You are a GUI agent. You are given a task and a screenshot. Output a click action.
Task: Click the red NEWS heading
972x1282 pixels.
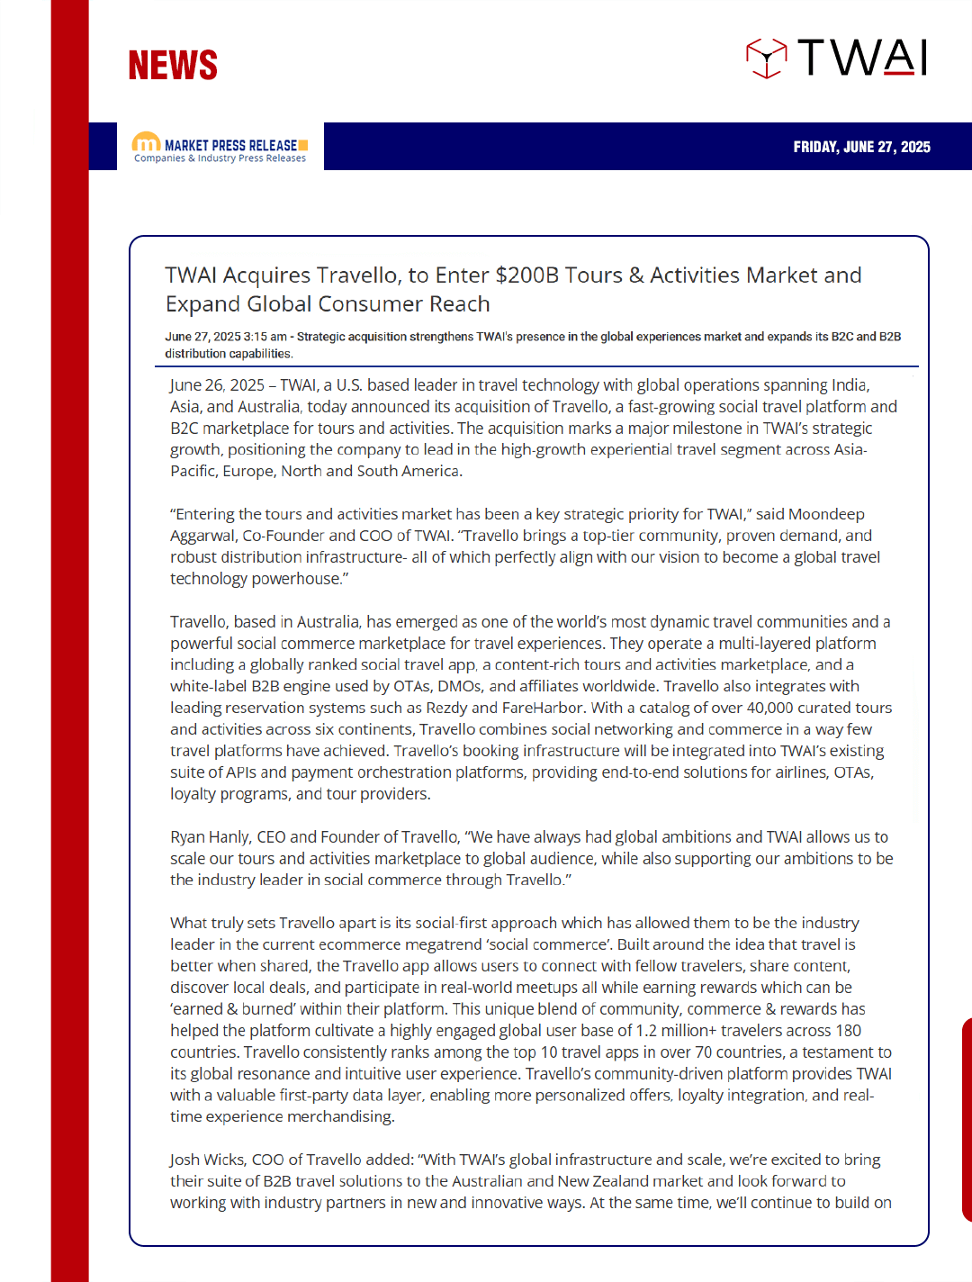(173, 66)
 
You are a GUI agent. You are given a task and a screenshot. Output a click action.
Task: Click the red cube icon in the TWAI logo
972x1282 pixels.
(766, 59)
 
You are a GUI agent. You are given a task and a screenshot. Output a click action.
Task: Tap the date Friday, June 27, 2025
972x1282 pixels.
(861, 147)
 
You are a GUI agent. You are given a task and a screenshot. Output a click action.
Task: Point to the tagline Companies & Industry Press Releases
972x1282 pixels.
(220, 158)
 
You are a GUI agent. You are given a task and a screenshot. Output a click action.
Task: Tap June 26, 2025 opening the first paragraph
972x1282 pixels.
(217, 385)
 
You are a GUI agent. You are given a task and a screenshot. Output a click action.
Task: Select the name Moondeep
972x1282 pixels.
(826, 514)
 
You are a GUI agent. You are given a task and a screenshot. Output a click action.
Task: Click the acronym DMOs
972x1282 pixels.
(459, 686)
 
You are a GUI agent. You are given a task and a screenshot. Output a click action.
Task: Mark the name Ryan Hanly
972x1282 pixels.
(210, 837)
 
